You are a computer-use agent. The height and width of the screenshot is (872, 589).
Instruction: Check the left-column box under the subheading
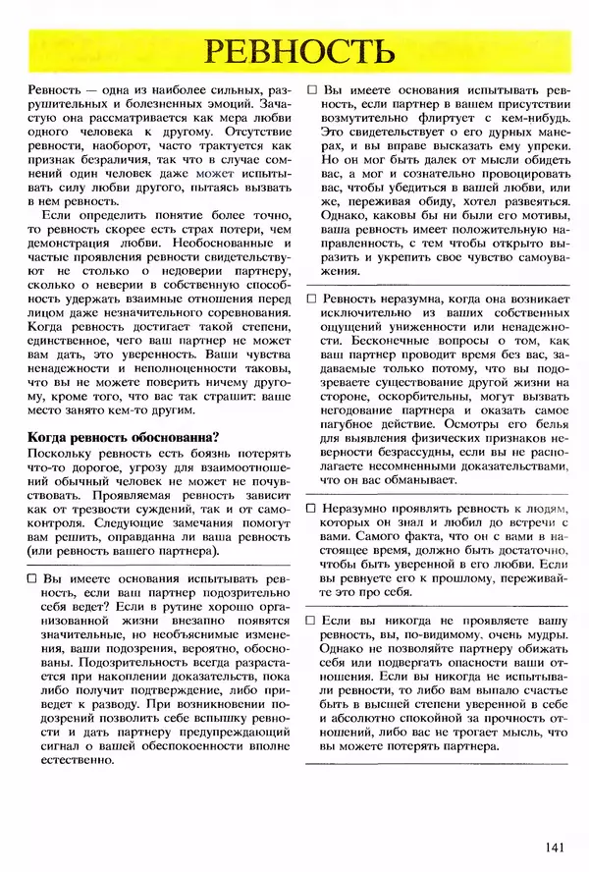click(x=34, y=580)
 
